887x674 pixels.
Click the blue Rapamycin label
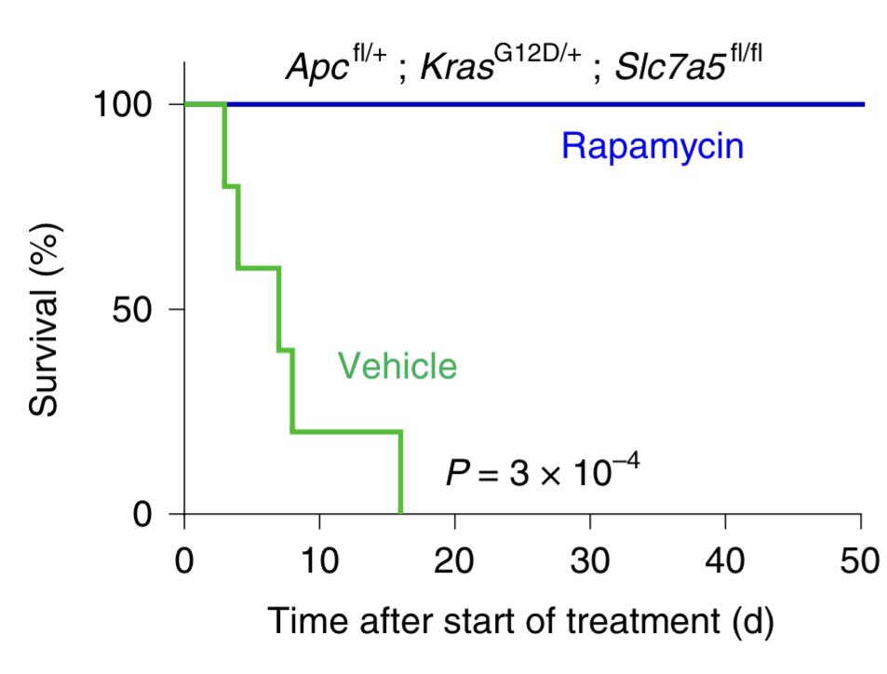[652, 147]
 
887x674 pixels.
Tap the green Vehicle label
[397, 366]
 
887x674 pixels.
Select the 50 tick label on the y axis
[139, 310]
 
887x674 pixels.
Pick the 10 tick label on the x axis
[319, 562]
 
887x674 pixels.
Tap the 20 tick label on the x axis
[455, 562]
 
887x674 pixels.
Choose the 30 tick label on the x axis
[590, 562]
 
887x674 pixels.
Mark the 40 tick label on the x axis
[726, 562]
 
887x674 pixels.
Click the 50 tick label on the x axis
[861, 562]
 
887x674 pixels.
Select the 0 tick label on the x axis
[184, 562]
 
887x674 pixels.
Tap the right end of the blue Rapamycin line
[863, 104]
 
